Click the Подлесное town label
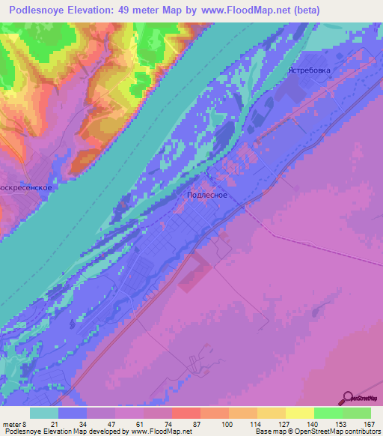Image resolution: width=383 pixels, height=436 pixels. tap(206, 195)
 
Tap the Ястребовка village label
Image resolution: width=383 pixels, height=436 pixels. tap(309, 70)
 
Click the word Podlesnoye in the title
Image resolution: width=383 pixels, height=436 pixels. tap(40, 10)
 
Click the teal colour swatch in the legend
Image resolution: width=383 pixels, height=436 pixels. tap(44, 413)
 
